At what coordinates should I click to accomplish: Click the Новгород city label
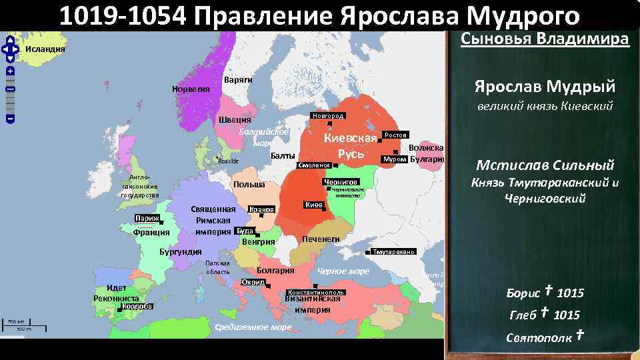pyautogui.click(x=327, y=116)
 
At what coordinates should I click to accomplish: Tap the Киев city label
pyautogui.click(x=314, y=205)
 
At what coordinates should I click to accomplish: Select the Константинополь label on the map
pyautogui.click(x=315, y=293)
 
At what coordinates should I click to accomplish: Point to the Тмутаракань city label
pyautogui.click(x=394, y=252)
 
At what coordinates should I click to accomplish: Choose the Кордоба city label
pyautogui.click(x=138, y=307)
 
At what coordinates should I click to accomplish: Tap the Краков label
pyautogui.click(x=261, y=209)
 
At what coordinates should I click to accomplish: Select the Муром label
pyautogui.click(x=393, y=159)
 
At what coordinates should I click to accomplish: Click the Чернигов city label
pyautogui.click(x=341, y=182)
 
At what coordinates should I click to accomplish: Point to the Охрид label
pyautogui.click(x=253, y=282)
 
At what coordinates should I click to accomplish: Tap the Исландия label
pyautogui.click(x=45, y=49)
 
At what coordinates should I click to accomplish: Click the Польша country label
pyautogui.click(x=249, y=185)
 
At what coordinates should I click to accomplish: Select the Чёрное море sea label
pyautogui.click(x=343, y=271)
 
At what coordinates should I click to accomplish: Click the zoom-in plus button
pyautogui.click(x=11, y=70)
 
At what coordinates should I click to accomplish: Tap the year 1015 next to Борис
pyautogui.click(x=570, y=293)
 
